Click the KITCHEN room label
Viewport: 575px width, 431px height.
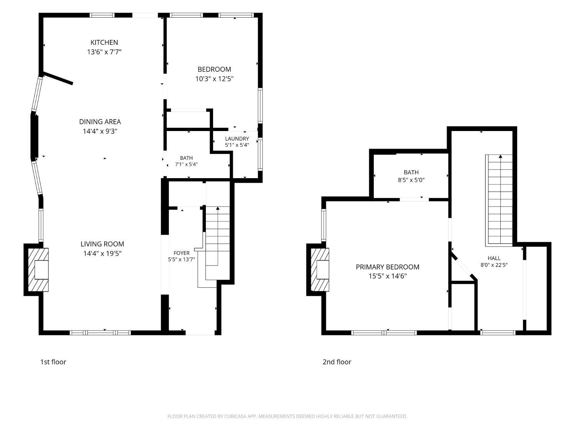pos(104,43)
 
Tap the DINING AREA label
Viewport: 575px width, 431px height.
pos(100,122)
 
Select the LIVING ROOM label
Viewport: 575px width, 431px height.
pos(102,244)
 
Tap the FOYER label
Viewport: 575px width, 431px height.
pos(182,253)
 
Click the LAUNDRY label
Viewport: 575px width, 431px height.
pos(237,139)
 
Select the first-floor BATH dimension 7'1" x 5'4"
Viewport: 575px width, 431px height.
pos(186,164)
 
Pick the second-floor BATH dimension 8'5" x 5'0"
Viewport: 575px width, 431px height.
pos(411,180)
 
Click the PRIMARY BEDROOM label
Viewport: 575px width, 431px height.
pos(388,267)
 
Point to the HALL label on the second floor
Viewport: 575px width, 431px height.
pos(494,258)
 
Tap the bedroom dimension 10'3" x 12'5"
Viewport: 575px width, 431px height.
pos(214,79)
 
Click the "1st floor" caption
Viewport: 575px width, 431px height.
pos(53,362)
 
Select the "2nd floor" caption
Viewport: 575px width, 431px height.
pos(337,362)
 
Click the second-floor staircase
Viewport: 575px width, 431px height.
pos(499,200)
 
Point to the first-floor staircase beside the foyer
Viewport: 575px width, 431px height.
pos(217,243)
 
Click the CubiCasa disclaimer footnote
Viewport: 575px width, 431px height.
pos(287,416)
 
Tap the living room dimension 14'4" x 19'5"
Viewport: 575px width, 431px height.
pos(102,253)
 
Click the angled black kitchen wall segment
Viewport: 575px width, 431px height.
pos(58,78)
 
